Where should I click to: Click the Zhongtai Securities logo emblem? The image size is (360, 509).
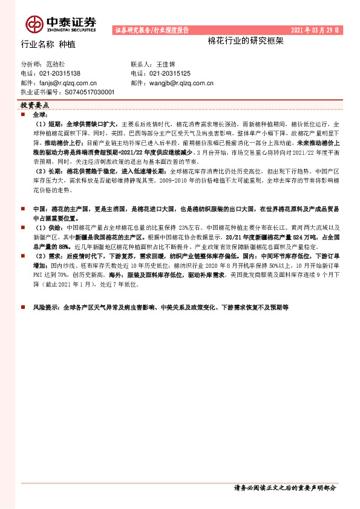pyautogui.click(x=34, y=24)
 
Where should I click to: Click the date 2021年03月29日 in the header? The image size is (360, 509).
pyautogui.click(x=315, y=30)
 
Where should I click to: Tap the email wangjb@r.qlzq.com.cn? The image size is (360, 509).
pyautogui.click(x=181, y=82)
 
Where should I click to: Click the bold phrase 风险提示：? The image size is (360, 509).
pyautogui.click(x=47, y=308)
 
